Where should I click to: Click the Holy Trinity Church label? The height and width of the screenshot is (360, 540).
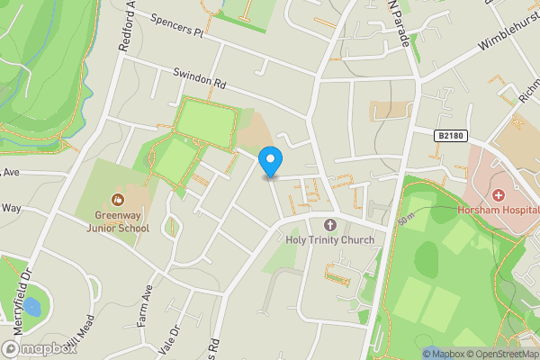point(329,240)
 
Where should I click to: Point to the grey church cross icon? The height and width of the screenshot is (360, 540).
point(329,224)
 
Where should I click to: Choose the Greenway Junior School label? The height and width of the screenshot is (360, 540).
point(118,221)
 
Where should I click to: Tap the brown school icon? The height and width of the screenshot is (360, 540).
point(118,200)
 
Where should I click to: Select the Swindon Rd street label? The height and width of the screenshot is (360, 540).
point(199,81)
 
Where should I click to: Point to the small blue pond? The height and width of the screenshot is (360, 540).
point(32,306)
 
